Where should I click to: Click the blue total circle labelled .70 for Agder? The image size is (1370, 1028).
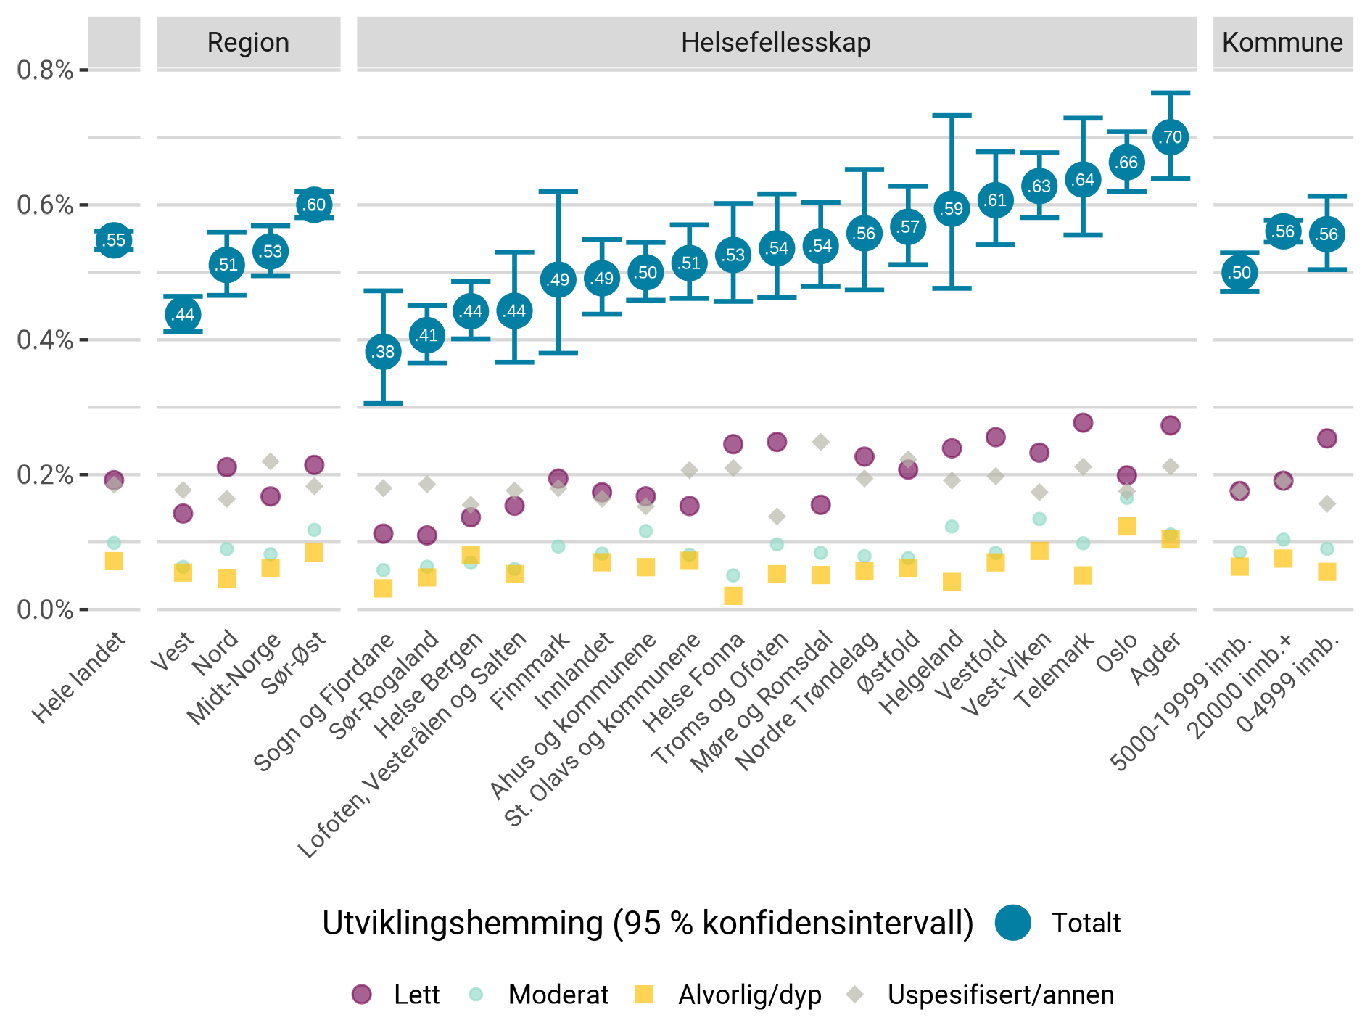tap(1170, 137)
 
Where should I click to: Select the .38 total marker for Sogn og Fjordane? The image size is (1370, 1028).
tap(383, 352)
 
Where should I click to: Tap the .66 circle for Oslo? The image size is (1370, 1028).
tap(1126, 163)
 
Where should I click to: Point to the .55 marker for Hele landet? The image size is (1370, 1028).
tap(114, 240)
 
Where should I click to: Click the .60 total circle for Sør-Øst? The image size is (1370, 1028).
tap(314, 205)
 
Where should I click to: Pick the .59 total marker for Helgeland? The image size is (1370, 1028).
tap(952, 209)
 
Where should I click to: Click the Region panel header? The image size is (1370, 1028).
tap(248, 43)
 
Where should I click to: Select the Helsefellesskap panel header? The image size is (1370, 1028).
tap(775, 43)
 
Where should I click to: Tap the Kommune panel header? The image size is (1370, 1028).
tap(1282, 43)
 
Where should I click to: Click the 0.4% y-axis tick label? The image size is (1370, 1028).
tap(45, 340)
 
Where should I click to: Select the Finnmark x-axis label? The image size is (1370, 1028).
tap(530, 671)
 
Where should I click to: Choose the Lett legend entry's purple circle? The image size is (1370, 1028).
tap(361, 995)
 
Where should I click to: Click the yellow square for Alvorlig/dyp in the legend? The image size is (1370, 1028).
tap(643, 995)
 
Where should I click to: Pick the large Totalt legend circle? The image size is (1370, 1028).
tap(1012, 923)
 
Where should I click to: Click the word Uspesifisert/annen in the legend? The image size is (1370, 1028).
tap(1000, 995)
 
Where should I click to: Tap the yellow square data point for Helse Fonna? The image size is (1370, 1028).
tap(733, 596)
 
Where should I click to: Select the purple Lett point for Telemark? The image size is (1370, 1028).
tap(1083, 422)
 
